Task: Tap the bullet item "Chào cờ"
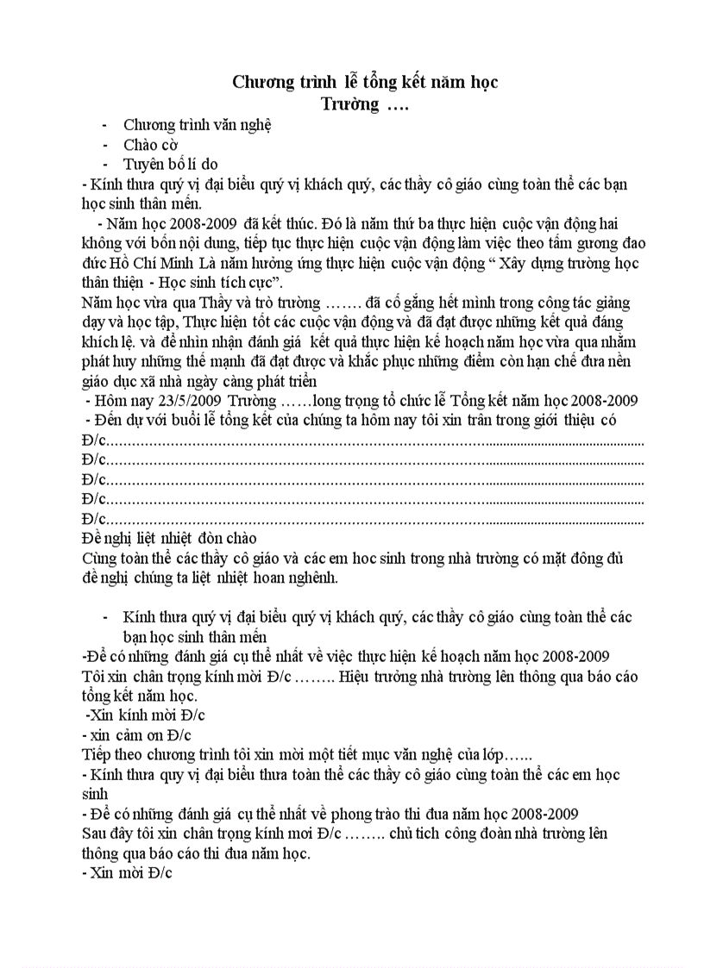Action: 151,144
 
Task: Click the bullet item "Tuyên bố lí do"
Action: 171,164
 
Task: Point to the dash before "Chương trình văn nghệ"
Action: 104,124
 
